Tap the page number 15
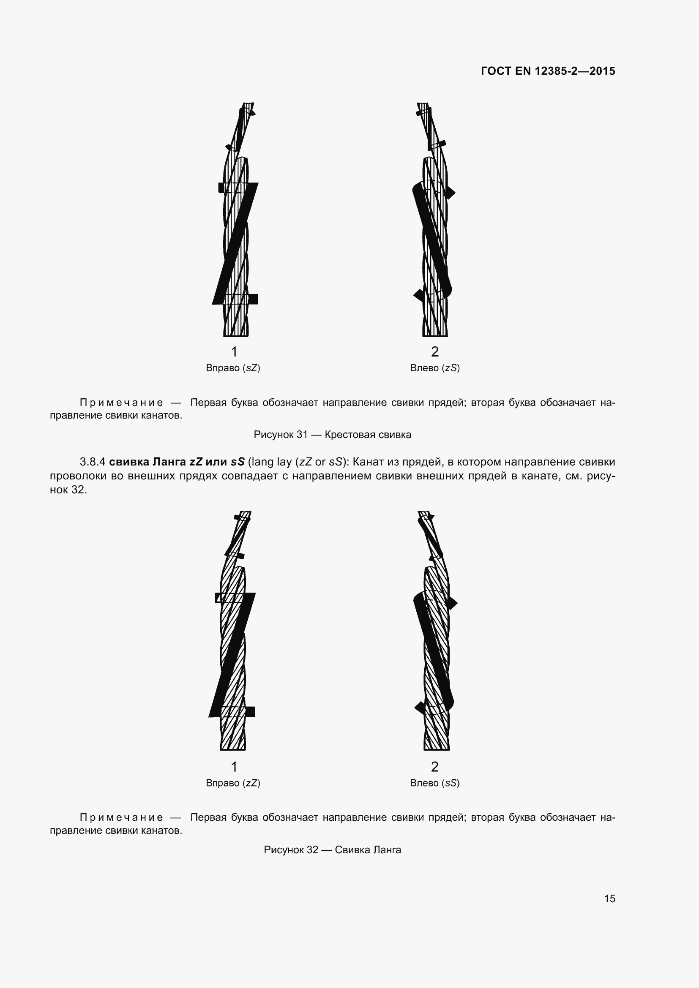point(609,898)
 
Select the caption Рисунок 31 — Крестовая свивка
point(332,435)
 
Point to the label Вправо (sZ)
point(233,368)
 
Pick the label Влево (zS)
point(435,368)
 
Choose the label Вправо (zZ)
point(233,783)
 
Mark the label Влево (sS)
point(435,783)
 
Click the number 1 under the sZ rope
point(234,351)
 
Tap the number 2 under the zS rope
point(435,351)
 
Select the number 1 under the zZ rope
point(234,766)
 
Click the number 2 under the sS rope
point(435,766)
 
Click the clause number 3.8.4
point(93,462)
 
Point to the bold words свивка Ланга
point(147,462)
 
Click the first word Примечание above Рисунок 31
point(121,403)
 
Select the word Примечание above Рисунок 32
point(121,817)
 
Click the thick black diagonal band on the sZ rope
point(235,244)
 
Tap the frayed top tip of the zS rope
point(423,106)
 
